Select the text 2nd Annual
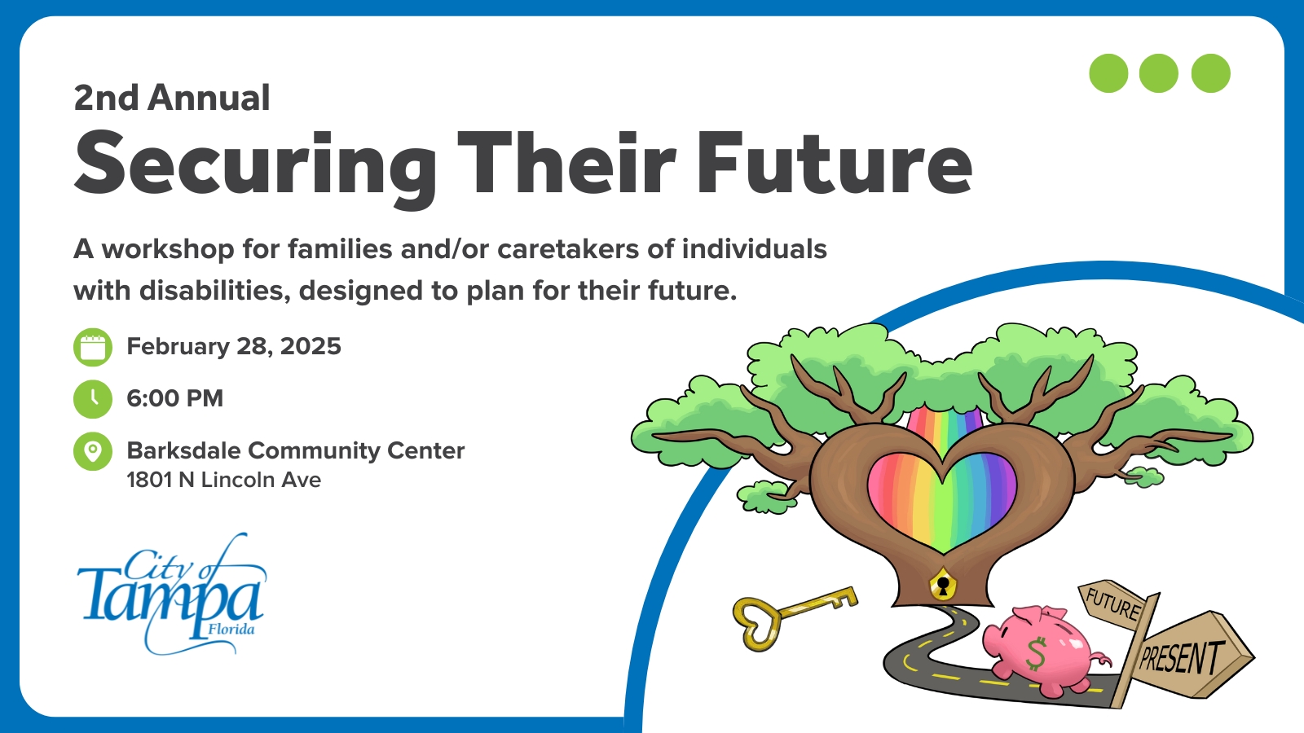tap(172, 97)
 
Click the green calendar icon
tap(93, 347)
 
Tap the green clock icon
tap(93, 399)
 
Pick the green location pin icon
tap(93, 451)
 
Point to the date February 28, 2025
tap(234, 347)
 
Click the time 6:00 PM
tap(175, 398)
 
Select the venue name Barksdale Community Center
tap(296, 451)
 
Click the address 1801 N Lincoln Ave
tap(224, 480)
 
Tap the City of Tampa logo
tap(172, 594)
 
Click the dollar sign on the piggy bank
tap(1036, 653)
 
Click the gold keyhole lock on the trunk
tap(942, 584)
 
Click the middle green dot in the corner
tap(1158, 73)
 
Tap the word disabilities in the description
tap(214, 290)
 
